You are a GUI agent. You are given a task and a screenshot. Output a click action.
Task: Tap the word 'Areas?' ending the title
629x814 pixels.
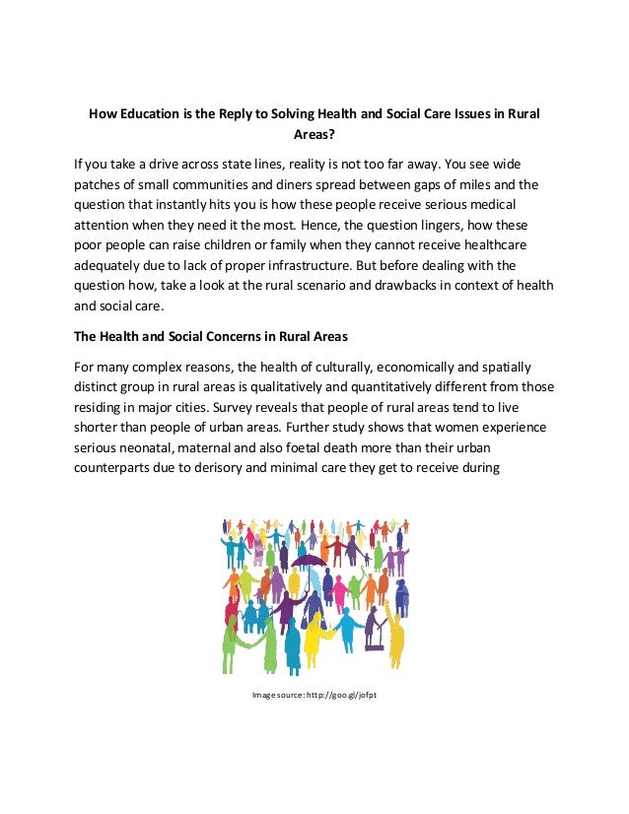[x=314, y=136]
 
